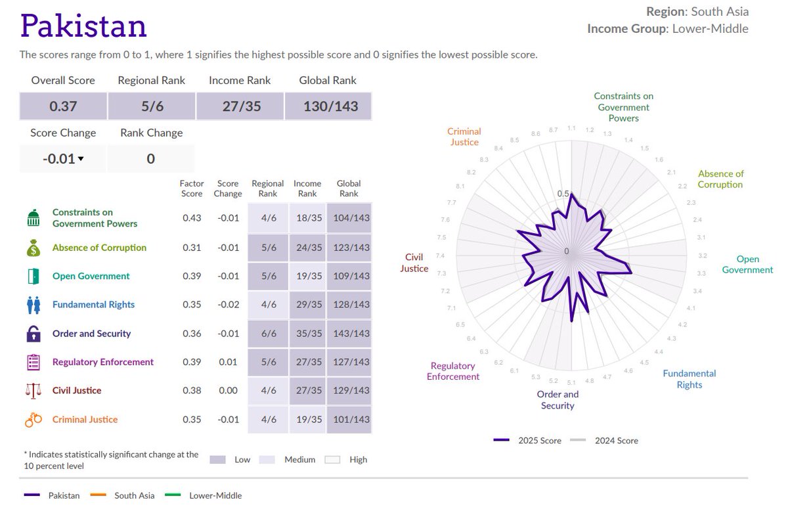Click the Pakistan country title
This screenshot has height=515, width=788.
tap(83, 26)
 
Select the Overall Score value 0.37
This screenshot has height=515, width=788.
tap(63, 106)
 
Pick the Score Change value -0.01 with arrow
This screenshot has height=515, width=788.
tap(62, 159)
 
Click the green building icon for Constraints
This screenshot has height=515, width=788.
tap(33, 218)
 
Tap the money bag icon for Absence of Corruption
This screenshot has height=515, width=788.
tap(33, 248)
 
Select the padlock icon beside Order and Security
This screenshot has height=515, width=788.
tap(33, 334)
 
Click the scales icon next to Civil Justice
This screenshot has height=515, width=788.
tap(33, 391)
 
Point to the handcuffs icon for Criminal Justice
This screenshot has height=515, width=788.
tap(33, 420)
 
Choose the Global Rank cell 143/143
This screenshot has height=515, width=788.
tap(349, 334)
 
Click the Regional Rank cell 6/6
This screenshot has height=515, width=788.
tap(268, 334)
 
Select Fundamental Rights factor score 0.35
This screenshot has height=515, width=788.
tap(192, 305)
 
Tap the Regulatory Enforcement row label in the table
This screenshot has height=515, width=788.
tap(103, 362)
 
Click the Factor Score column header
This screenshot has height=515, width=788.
tap(192, 189)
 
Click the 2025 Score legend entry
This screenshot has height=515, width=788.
tap(528, 441)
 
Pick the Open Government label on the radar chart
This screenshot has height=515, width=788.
tap(747, 265)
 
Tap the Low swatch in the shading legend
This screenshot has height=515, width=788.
tap(218, 460)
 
